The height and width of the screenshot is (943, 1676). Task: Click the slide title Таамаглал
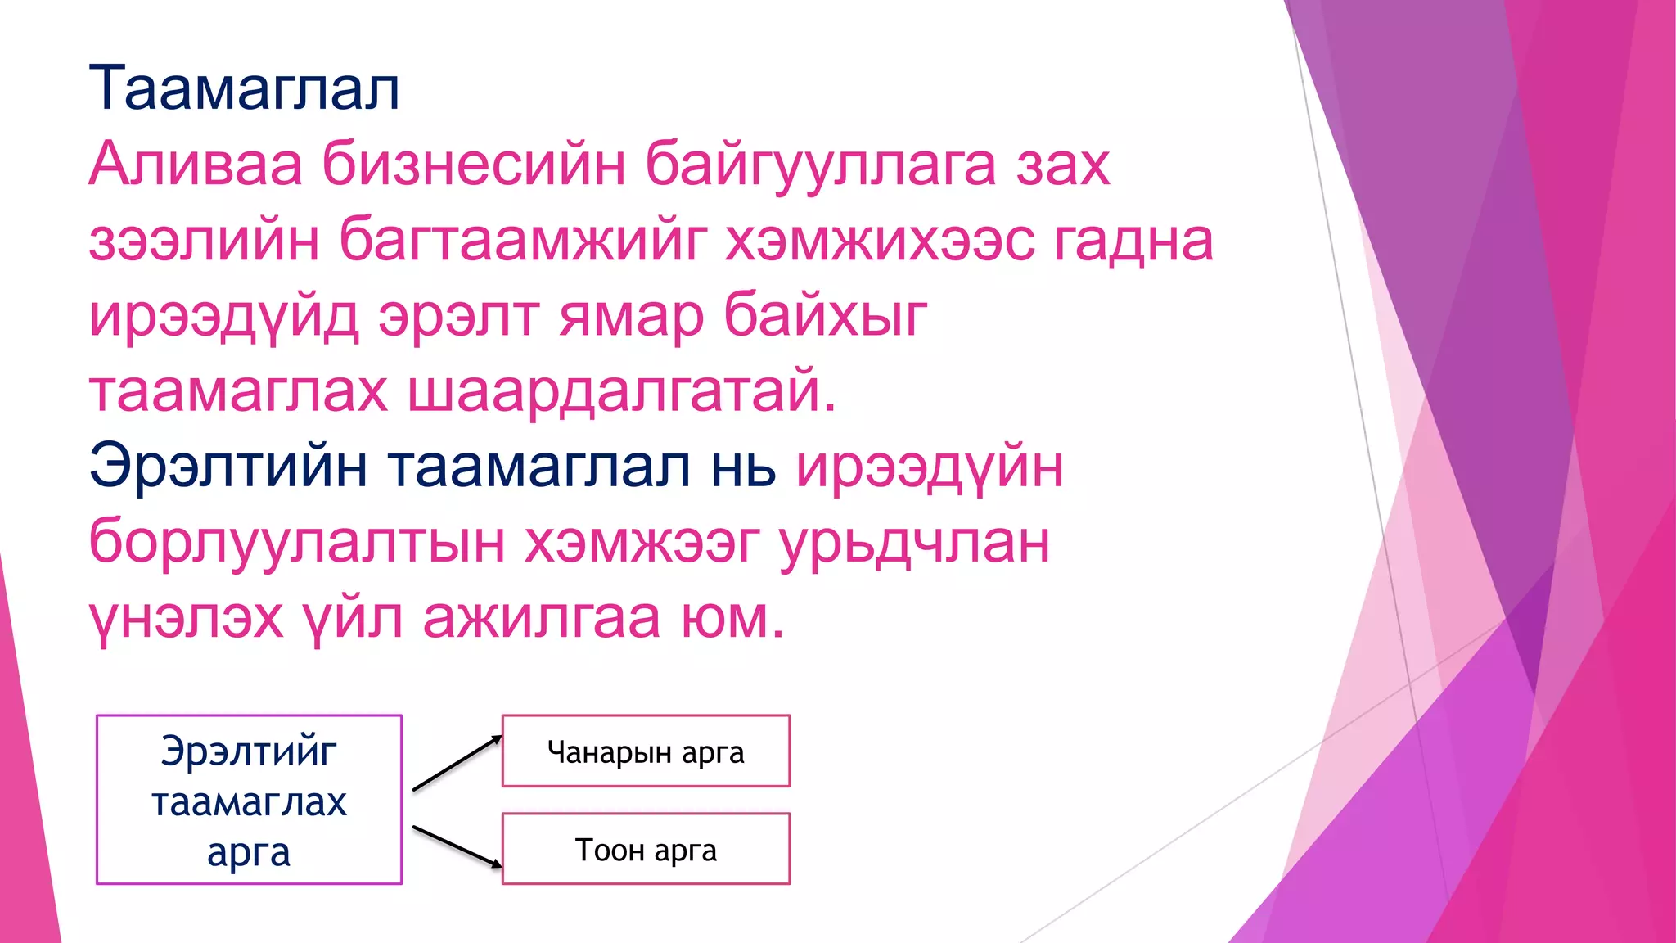click(x=244, y=88)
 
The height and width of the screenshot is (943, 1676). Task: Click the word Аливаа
click(x=196, y=165)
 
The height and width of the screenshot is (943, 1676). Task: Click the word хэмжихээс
click(x=880, y=241)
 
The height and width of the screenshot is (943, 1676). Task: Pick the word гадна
click(x=1133, y=241)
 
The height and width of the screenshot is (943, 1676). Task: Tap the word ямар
click(x=631, y=316)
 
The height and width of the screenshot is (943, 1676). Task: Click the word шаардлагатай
click(x=622, y=391)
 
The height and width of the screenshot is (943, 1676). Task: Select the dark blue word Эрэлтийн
click(x=228, y=467)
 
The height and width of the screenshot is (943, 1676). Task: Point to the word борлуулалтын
click(x=296, y=542)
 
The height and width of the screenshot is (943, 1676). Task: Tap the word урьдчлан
click(x=914, y=542)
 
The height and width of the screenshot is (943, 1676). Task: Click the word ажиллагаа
click(x=541, y=618)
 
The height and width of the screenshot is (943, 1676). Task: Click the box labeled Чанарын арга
click(x=646, y=751)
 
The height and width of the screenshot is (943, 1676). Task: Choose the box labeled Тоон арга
click(x=646, y=849)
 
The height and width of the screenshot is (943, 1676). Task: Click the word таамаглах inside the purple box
click(x=249, y=801)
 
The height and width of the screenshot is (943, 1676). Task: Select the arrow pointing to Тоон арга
click(x=457, y=846)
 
